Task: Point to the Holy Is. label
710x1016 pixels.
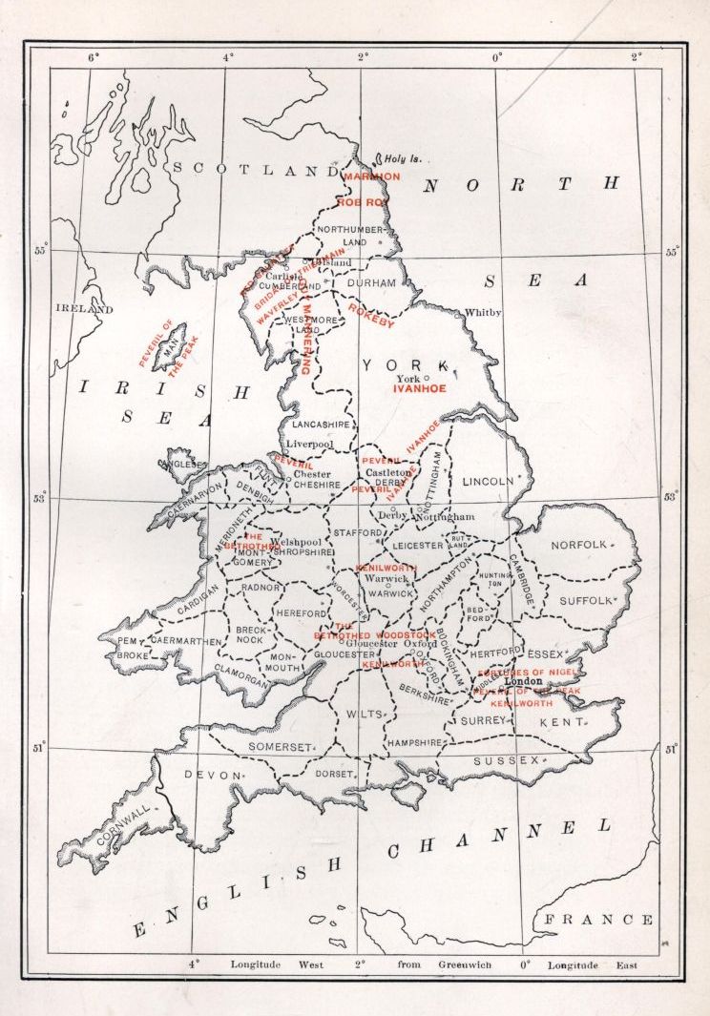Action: click(403, 159)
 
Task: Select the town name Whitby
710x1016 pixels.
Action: click(482, 313)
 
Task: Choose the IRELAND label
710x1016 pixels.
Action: click(84, 309)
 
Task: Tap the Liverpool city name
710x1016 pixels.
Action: click(308, 444)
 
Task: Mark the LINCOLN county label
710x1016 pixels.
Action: click(487, 482)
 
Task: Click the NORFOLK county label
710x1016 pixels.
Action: click(578, 545)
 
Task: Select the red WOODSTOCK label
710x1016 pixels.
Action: click(406, 634)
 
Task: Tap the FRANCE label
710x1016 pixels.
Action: click(599, 920)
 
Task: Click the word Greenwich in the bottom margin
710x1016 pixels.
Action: click(465, 964)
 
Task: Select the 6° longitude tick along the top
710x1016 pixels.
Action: click(94, 57)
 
